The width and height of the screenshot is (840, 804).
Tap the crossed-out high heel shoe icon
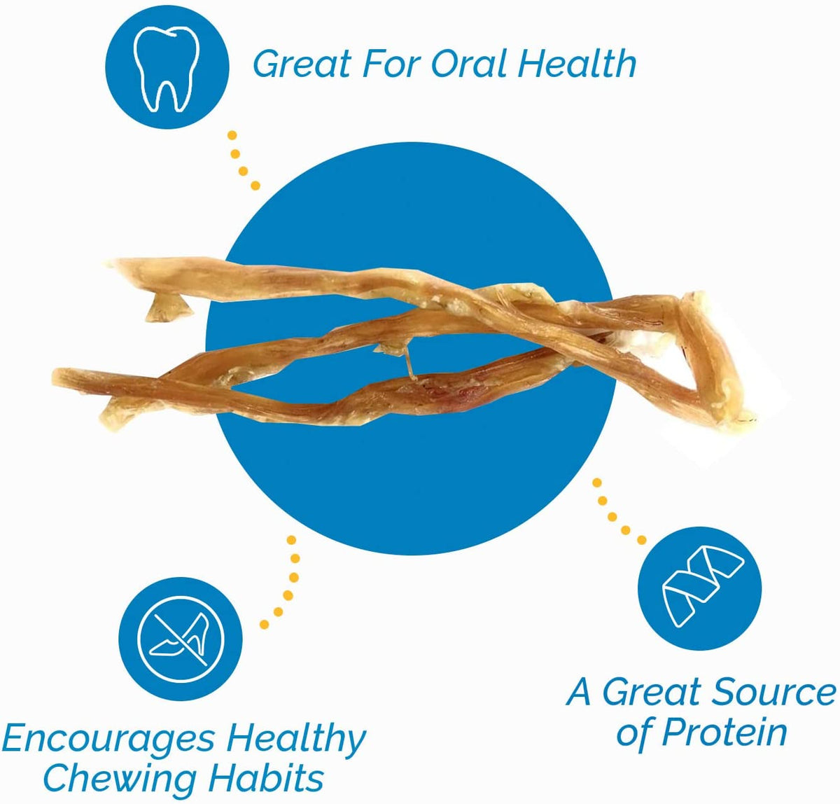(x=181, y=639)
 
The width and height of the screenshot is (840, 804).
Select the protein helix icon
(x=701, y=589)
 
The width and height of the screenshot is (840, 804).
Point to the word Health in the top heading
(x=577, y=64)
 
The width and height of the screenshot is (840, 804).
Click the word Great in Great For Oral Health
(x=302, y=64)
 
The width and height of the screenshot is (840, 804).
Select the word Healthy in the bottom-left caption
(x=296, y=740)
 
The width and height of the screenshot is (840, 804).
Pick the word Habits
(x=274, y=777)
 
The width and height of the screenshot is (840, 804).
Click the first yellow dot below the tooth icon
(x=232, y=135)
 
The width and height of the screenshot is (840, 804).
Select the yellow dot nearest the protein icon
(x=641, y=540)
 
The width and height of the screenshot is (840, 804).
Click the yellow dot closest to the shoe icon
(x=265, y=623)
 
